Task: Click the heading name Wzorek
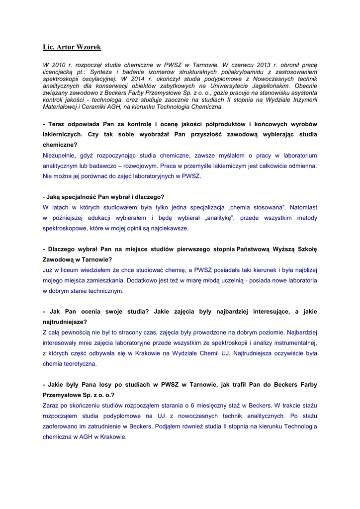pyautogui.click(x=88, y=47)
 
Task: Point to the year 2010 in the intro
pyautogui.click(x=59, y=65)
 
